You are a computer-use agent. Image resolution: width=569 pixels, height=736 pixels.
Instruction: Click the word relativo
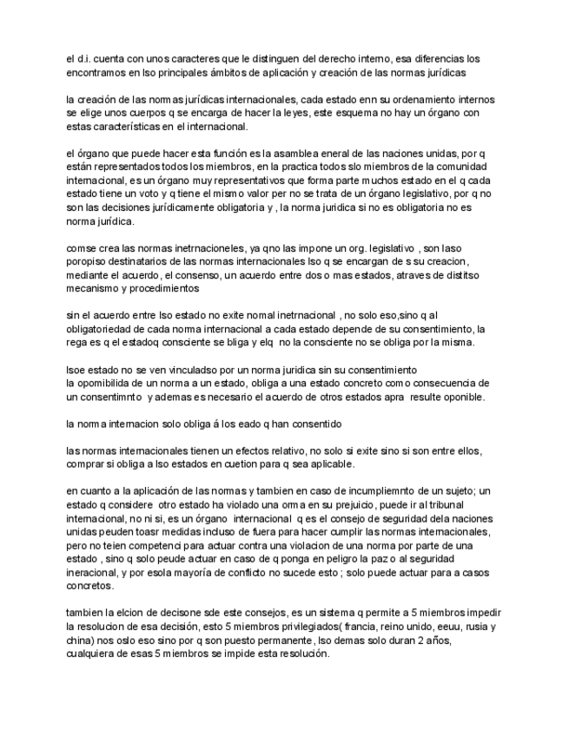(260, 450)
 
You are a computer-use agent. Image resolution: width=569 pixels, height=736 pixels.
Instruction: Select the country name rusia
(473, 627)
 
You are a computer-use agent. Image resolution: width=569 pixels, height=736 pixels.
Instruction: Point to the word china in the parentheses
(79, 641)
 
